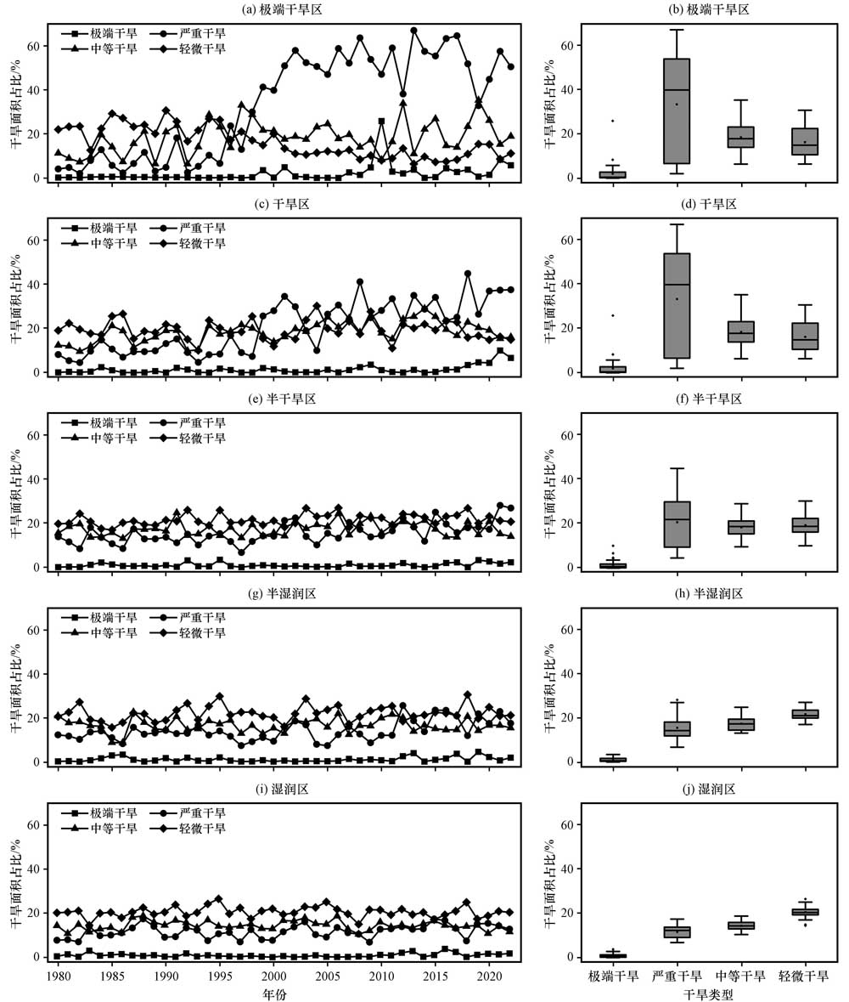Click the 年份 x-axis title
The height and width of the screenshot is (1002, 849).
click(x=273, y=993)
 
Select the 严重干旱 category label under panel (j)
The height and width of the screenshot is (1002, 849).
click(x=677, y=977)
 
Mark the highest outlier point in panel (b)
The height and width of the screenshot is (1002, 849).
click(x=612, y=121)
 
